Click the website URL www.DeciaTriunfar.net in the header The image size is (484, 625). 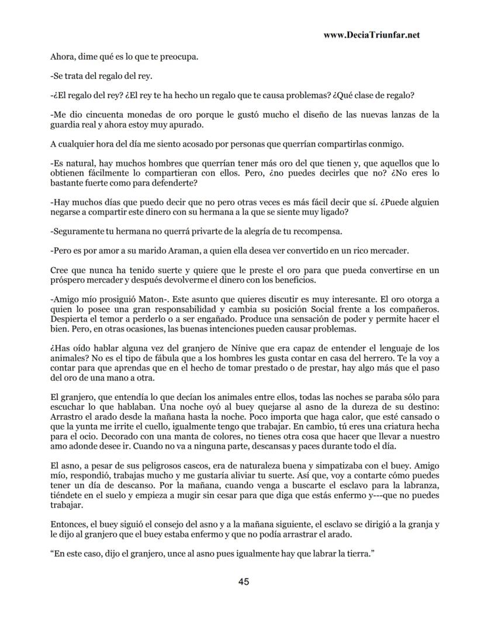point(371,34)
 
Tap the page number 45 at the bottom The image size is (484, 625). point(244,581)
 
